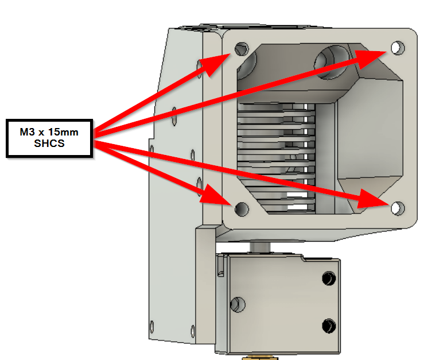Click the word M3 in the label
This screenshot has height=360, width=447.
[x=28, y=133]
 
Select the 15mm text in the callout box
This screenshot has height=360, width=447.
[x=64, y=133]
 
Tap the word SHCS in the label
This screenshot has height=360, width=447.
[x=49, y=144]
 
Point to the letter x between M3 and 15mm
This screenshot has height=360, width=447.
[x=43, y=133]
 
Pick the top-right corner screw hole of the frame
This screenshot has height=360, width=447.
[x=397, y=47]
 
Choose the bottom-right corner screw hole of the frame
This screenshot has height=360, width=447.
[x=397, y=207]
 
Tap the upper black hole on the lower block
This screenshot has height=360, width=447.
[x=328, y=278]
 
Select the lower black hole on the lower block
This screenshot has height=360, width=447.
[x=329, y=326]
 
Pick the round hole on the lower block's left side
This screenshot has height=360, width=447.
[x=235, y=303]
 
